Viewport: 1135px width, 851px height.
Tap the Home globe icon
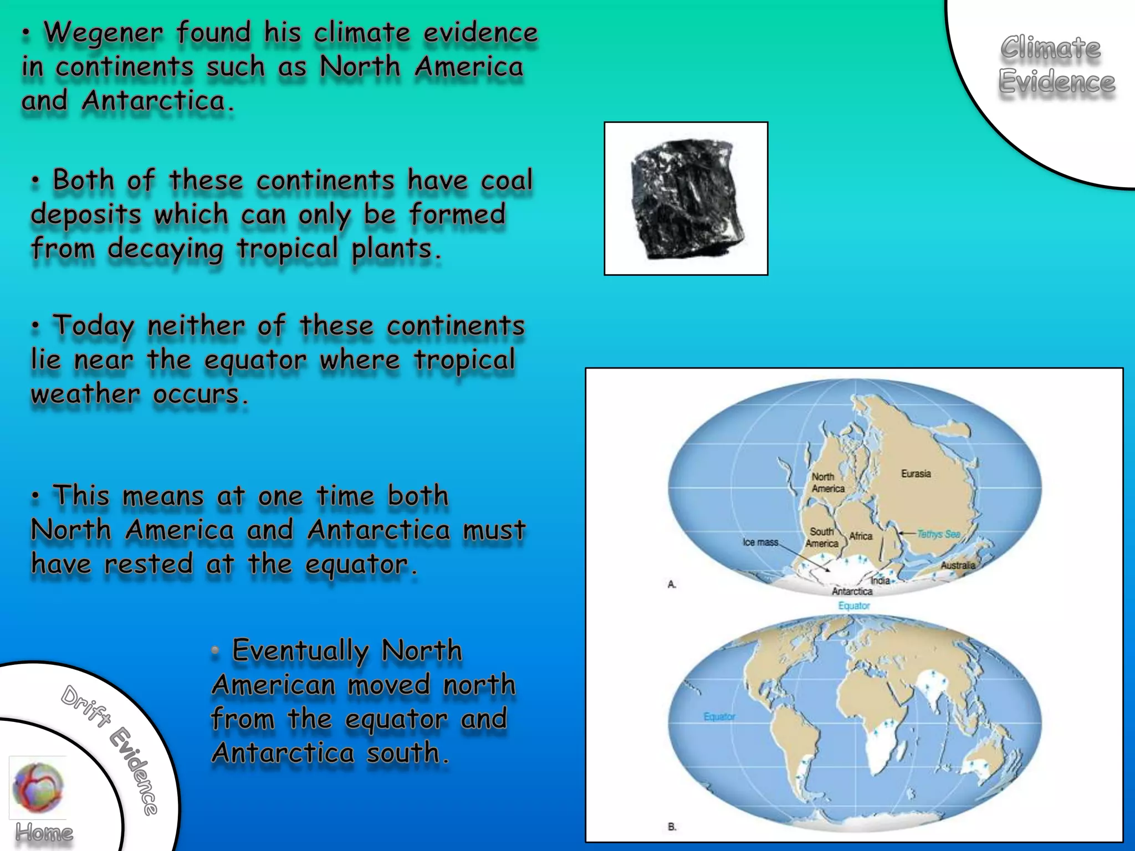(38, 787)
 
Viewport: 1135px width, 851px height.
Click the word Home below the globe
(44, 833)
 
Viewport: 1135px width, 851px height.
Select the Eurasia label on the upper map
(916, 474)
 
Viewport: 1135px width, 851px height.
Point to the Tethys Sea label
(938, 534)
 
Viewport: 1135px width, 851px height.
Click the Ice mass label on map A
(760, 542)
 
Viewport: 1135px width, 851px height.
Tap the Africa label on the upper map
(861, 536)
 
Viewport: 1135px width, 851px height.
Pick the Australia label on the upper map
(958, 565)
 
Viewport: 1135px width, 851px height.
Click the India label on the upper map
(880, 581)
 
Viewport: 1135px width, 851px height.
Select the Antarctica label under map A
(852, 592)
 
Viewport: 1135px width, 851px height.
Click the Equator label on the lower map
(719, 716)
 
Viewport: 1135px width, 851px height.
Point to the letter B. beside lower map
(672, 827)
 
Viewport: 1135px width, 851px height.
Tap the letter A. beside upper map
(672, 584)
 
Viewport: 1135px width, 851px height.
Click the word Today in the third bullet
(93, 326)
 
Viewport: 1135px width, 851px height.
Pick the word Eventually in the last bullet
(300, 650)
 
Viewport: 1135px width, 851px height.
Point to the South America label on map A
(821, 537)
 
